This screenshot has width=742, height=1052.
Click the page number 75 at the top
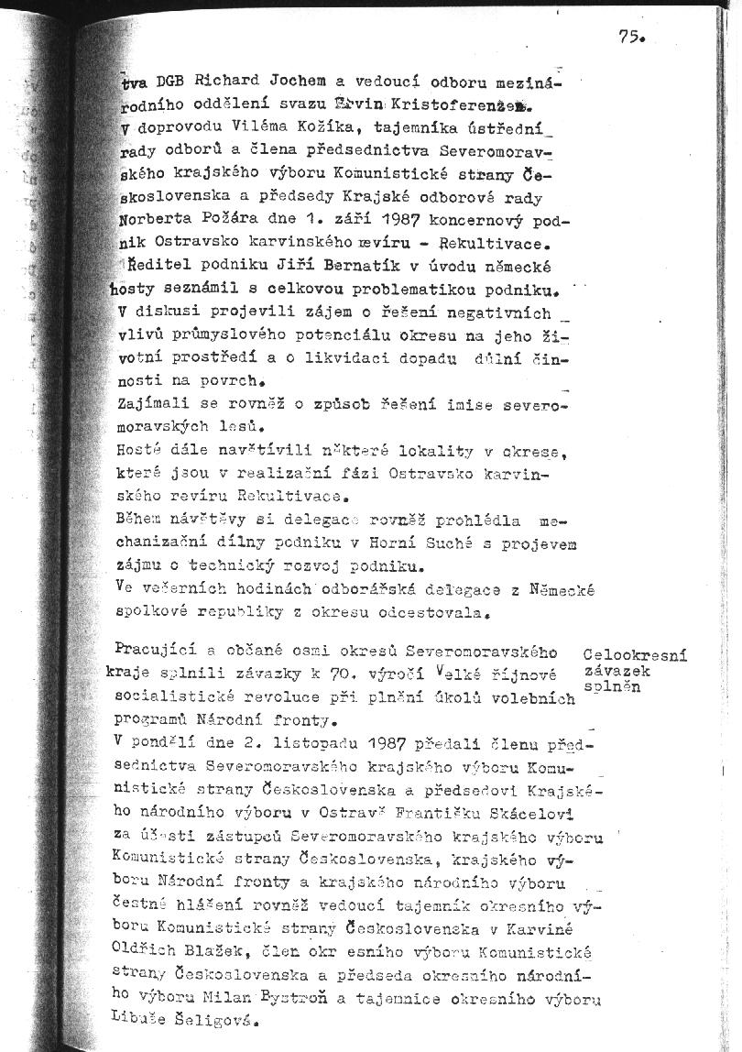click(x=631, y=37)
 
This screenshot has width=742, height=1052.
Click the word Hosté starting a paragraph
click(x=139, y=451)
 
